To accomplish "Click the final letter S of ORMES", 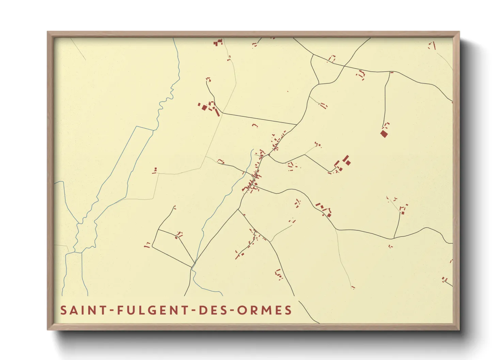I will click(x=288, y=310).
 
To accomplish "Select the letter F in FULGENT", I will click(x=121, y=310).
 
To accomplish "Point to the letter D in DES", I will click(x=202, y=310).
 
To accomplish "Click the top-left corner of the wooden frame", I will click(x=48, y=32).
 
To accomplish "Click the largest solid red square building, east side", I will click(x=384, y=134).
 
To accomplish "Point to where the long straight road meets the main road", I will click(x=296, y=125).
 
